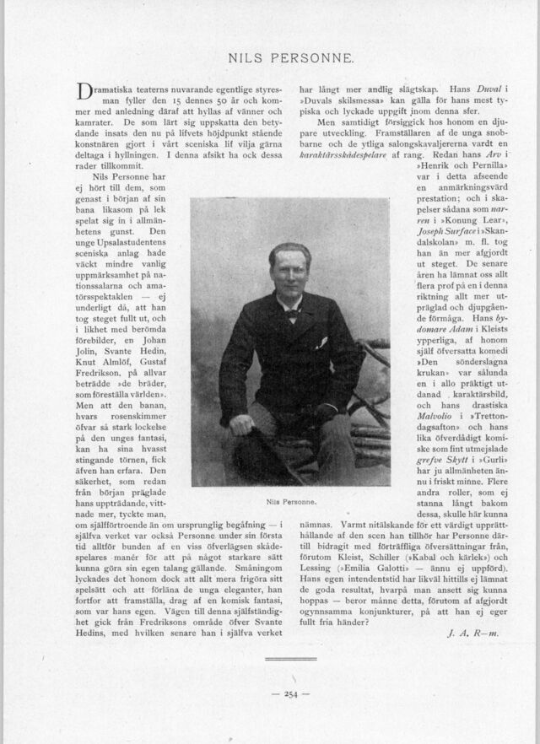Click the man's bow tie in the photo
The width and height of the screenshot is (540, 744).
click(292, 313)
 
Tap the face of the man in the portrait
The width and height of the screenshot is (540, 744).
click(290, 278)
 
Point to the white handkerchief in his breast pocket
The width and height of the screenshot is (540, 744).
click(321, 343)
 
